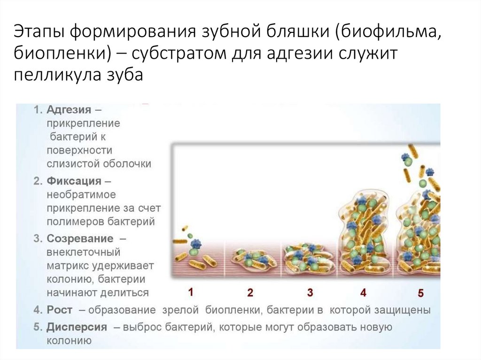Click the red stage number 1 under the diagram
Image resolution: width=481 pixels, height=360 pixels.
[x=190, y=291]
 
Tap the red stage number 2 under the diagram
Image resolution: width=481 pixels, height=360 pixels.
[x=250, y=292]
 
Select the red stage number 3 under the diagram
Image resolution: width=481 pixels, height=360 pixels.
[x=310, y=292]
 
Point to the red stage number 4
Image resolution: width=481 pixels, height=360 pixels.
[x=363, y=292]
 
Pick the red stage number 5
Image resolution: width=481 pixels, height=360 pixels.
[x=420, y=293]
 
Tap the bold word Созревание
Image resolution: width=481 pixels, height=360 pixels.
[x=80, y=238]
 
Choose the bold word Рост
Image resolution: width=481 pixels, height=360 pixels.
[x=60, y=310]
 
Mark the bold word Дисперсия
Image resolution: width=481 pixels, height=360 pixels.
[x=77, y=327]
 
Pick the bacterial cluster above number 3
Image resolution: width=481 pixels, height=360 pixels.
[x=309, y=259]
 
